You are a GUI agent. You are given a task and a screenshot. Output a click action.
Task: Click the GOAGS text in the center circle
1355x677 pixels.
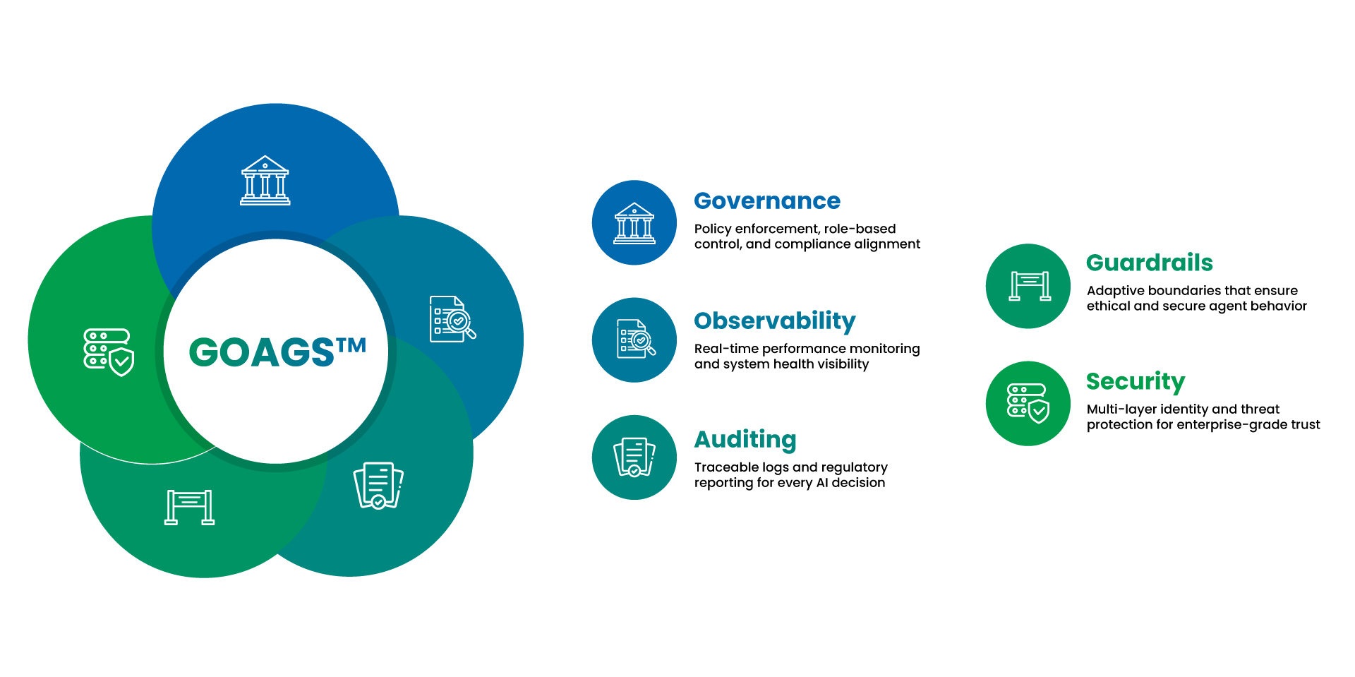click(262, 352)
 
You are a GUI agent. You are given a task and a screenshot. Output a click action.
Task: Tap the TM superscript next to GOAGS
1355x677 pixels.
click(351, 346)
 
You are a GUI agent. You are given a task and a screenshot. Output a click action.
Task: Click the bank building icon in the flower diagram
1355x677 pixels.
click(265, 181)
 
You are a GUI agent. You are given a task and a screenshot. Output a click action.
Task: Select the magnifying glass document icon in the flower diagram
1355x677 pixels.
click(452, 319)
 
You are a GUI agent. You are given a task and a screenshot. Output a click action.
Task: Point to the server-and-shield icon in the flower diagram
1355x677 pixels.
click(109, 352)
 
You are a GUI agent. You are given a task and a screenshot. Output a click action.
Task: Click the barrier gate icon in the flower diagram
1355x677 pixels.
click(189, 507)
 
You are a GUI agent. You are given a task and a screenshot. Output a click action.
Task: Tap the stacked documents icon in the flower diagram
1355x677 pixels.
click(378, 485)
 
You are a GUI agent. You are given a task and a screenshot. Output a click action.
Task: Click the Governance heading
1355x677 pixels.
click(767, 201)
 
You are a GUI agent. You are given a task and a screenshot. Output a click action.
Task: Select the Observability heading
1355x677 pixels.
click(774, 321)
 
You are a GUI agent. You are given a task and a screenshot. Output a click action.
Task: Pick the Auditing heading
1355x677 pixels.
click(745, 440)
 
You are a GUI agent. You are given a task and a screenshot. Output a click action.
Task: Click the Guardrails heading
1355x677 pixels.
click(1149, 263)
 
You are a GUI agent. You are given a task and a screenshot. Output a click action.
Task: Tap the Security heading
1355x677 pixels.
click(1135, 381)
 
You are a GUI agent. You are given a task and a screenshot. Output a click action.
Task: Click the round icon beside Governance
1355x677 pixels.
click(634, 223)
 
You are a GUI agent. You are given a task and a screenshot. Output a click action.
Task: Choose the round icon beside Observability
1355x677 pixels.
click(634, 340)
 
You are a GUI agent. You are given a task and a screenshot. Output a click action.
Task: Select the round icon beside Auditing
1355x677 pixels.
click(634, 457)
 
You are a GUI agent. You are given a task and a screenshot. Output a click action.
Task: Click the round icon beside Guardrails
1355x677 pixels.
click(1028, 286)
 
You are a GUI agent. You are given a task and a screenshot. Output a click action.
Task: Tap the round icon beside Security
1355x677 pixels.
click(1028, 403)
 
